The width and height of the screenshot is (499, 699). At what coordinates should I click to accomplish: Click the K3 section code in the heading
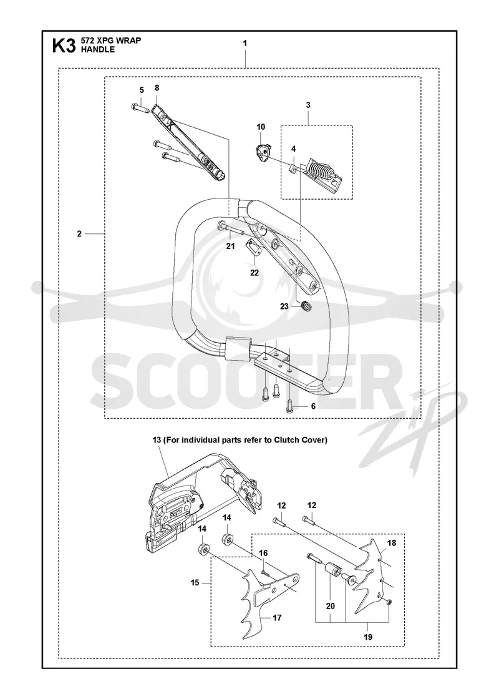pos(64,46)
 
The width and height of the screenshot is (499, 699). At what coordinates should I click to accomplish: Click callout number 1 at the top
pos(245,43)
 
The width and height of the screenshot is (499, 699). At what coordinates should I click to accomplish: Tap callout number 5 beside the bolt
pos(142,90)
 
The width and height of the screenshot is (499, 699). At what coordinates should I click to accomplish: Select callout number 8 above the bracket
pos(157,87)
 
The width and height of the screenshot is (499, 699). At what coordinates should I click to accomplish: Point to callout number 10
pos(261,127)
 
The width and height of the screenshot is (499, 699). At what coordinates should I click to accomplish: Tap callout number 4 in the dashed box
pos(294,149)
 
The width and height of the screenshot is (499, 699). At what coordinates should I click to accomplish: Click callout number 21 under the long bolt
pos(230,246)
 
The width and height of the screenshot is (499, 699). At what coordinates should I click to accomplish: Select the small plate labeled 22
pos(253,248)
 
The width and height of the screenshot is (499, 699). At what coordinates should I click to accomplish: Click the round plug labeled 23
pos(306,306)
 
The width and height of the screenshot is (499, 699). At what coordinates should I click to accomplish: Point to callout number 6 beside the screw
pos(313,406)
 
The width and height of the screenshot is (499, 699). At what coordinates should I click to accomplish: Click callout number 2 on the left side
pos(79,233)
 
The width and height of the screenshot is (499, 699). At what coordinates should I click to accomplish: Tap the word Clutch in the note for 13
pos(290,440)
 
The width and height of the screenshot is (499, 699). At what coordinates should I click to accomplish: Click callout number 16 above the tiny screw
pos(263,553)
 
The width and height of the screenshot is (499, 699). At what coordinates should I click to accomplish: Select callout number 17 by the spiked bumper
pos(277,618)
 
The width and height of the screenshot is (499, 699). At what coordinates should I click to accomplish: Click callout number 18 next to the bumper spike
pos(392,544)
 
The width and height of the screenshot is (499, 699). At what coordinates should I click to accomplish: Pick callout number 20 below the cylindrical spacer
pos(330,606)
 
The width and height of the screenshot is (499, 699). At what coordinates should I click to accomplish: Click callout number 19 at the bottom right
pos(368,637)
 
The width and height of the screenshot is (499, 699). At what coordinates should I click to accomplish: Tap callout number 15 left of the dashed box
pos(195,583)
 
